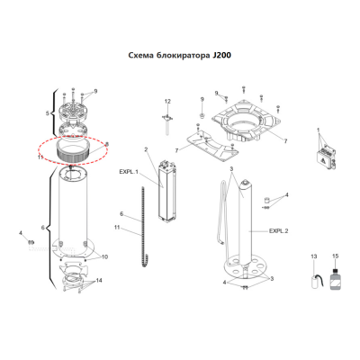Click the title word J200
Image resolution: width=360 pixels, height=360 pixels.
click(x=221, y=56)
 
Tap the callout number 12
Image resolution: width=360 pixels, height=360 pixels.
click(x=167, y=102)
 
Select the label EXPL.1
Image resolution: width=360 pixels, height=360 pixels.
click(x=129, y=172)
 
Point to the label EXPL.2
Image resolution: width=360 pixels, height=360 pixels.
click(x=278, y=231)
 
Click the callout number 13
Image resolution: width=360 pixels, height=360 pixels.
click(x=314, y=256)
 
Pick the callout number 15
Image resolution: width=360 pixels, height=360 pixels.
click(x=336, y=256)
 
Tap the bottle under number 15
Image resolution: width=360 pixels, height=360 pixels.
click(x=335, y=279)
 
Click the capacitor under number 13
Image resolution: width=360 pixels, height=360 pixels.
click(x=315, y=282)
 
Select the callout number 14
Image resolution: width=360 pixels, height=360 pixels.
click(x=99, y=281)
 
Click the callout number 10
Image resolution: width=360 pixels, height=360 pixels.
click(x=104, y=256)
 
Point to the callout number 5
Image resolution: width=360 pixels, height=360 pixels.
click(x=47, y=113)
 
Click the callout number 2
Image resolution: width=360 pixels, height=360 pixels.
click(x=146, y=149)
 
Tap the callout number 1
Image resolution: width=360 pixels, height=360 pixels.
click(x=319, y=130)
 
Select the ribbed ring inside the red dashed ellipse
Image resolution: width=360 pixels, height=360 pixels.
click(x=71, y=150)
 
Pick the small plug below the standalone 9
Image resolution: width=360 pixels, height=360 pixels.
click(x=202, y=115)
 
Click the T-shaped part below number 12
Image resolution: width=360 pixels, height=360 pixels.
click(x=167, y=123)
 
